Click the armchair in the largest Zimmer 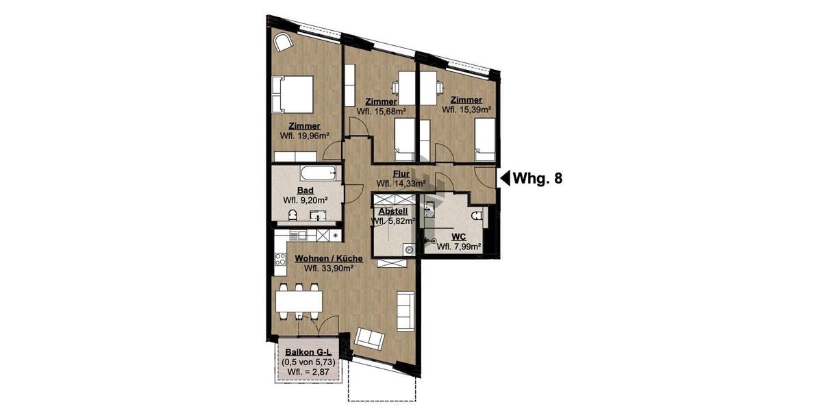click(x=283, y=43)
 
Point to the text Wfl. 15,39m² click(x=466, y=109)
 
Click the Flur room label click(x=401, y=174)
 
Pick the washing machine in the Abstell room click(x=409, y=249)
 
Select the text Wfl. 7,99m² click(x=458, y=247)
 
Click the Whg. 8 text click(x=538, y=179)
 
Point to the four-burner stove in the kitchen click(x=279, y=259)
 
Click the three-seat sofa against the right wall click(x=405, y=309)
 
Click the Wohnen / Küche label click(x=324, y=259)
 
